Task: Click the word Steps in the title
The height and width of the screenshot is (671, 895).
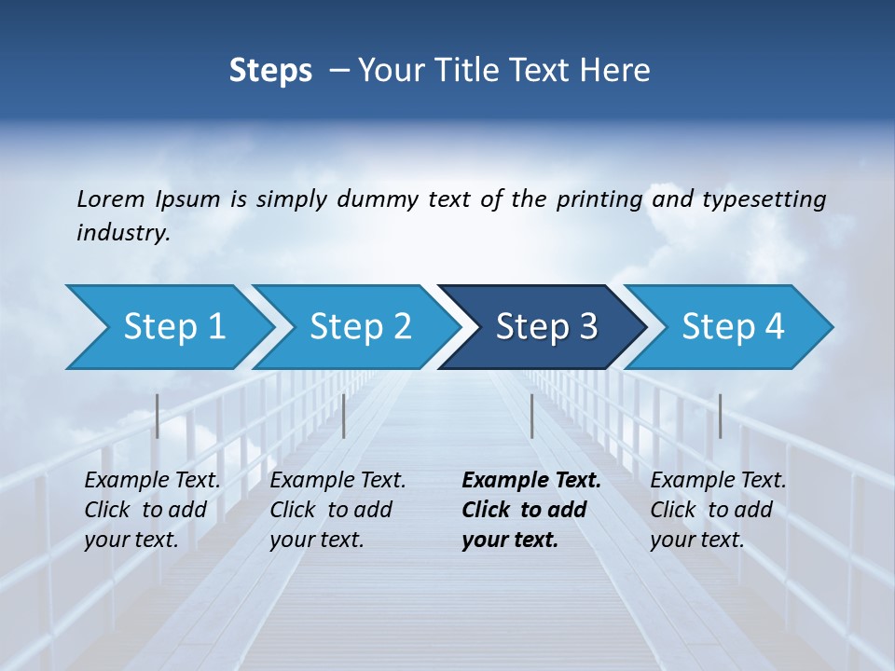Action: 270,71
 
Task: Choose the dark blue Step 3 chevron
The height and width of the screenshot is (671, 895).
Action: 546,327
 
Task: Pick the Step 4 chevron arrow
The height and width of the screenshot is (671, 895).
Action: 733,327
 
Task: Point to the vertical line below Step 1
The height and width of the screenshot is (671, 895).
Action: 158,416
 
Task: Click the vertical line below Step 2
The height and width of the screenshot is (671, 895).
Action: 344,416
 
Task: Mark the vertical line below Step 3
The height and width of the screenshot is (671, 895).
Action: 531,416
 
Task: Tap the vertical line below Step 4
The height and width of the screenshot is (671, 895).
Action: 720,416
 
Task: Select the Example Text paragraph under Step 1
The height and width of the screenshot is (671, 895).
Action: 152,510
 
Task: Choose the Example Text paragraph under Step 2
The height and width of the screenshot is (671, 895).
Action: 337,510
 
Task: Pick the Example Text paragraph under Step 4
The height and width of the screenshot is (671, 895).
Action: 718,510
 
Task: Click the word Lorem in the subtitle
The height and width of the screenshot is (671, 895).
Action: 111,199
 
